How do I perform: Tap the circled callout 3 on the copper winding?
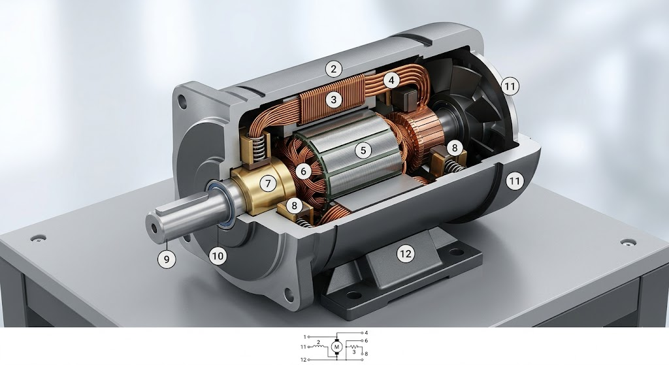tap(334, 100)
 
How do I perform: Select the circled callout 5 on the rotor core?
tap(363, 150)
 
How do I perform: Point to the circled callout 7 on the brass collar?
tap(268, 183)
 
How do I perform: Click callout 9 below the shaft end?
tap(167, 259)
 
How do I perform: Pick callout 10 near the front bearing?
tap(218, 256)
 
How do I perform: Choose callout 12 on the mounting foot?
tap(405, 254)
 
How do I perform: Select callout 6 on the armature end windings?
tap(303, 172)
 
